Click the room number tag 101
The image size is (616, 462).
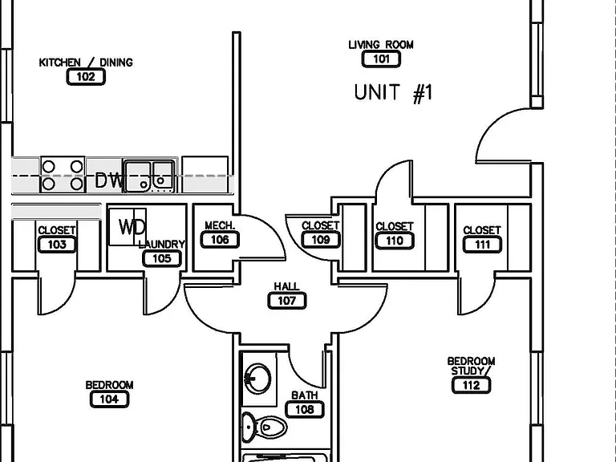click(x=381, y=59)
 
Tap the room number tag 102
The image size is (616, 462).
click(x=86, y=77)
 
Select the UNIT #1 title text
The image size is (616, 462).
click(x=393, y=93)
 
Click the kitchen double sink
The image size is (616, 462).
click(x=149, y=176)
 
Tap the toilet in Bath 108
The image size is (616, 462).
click(x=264, y=427)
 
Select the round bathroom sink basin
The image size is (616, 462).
click(x=257, y=378)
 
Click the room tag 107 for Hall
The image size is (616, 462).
click(x=287, y=301)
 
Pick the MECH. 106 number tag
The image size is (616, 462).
click(x=220, y=240)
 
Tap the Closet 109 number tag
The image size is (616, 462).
click(x=321, y=240)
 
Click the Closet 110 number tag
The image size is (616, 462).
click(x=395, y=241)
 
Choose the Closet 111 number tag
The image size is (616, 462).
click(x=482, y=245)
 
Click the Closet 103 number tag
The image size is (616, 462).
click(x=57, y=245)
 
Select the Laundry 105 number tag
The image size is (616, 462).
click(x=162, y=258)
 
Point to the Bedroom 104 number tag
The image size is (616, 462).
click(x=109, y=399)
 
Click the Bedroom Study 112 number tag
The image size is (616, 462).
click(x=471, y=385)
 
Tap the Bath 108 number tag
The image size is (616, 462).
click(x=305, y=409)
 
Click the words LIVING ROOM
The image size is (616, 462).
click(x=381, y=45)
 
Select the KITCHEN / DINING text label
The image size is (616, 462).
click(x=86, y=62)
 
